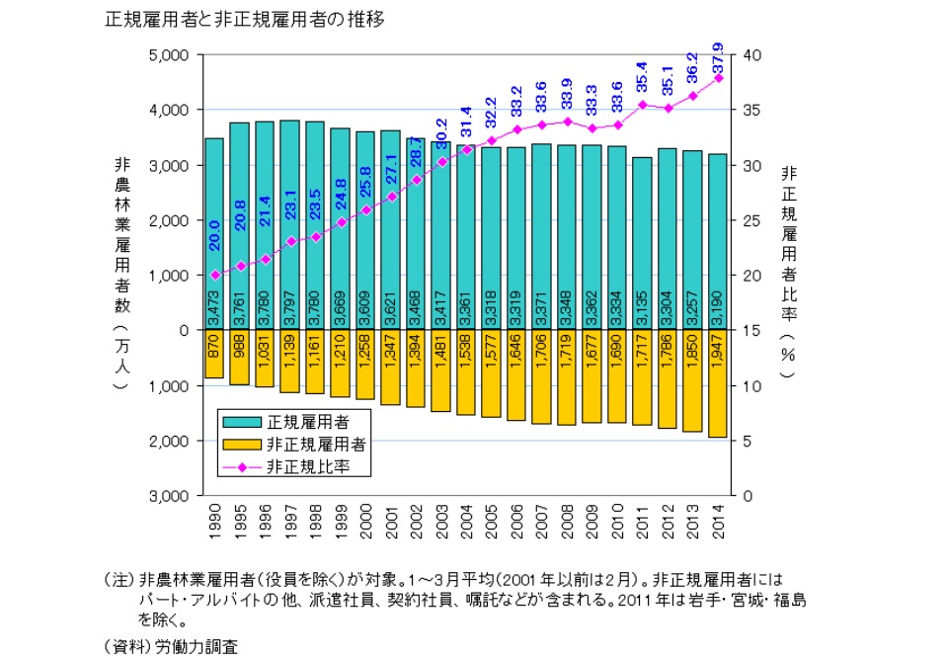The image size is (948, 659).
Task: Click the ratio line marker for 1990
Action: pos(214,275)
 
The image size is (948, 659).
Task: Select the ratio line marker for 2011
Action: pos(642,105)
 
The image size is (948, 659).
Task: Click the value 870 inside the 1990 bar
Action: pos(214,345)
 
